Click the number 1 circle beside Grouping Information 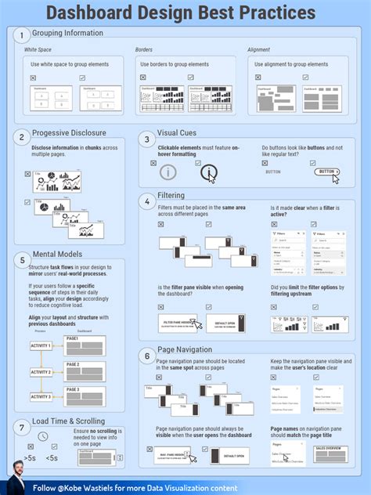(x=23, y=34)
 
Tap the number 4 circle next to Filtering (x=147, y=201)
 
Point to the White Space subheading (x=38, y=49)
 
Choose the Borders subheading (x=144, y=49)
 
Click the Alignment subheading (x=259, y=49)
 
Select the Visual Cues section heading (x=182, y=133)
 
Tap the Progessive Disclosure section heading (x=69, y=133)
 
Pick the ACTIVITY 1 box (x=40, y=345)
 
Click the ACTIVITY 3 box (x=40, y=397)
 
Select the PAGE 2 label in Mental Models (x=73, y=363)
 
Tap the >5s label (x=30, y=457)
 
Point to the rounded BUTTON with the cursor (x=326, y=172)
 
